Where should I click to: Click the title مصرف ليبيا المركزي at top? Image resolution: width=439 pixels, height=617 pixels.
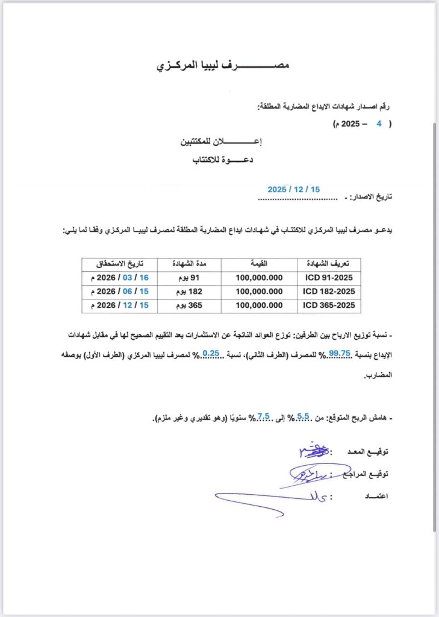pos(223,64)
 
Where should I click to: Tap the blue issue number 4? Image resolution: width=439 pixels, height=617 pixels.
pos(379,123)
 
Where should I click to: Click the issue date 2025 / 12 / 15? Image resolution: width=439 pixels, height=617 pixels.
pos(294,189)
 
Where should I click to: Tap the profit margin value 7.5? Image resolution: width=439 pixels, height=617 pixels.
pos(263,416)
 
